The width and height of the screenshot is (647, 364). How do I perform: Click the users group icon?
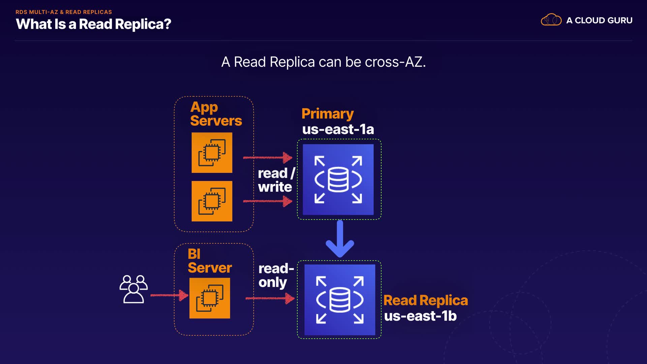[x=133, y=289]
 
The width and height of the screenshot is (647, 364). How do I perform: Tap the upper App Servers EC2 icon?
[x=212, y=153]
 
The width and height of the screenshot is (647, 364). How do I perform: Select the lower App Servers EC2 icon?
[x=212, y=201]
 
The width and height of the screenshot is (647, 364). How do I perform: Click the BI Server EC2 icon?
[x=210, y=298]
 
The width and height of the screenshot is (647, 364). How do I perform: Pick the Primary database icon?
[x=338, y=180]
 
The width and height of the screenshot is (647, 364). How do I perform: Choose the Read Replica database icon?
[x=340, y=300]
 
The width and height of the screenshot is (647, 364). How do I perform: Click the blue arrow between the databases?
[x=340, y=239]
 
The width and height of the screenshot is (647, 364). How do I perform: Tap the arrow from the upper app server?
[x=268, y=157]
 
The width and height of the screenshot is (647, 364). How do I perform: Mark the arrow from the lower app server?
[x=268, y=201]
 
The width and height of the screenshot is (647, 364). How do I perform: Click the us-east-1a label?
[x=338, y=129]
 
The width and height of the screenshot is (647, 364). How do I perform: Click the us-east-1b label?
[x=420, y=316]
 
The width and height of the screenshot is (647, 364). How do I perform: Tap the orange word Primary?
[x=328, y=114]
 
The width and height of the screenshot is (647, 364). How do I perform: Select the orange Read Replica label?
[x=426, y=300]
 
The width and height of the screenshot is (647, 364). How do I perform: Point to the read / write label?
[x=276, y=180]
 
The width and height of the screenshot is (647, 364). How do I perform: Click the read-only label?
[x=276, y=276]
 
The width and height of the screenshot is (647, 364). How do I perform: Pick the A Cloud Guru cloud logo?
[x=551, y=20]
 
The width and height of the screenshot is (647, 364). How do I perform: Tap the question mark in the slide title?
[x=167, y=24]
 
